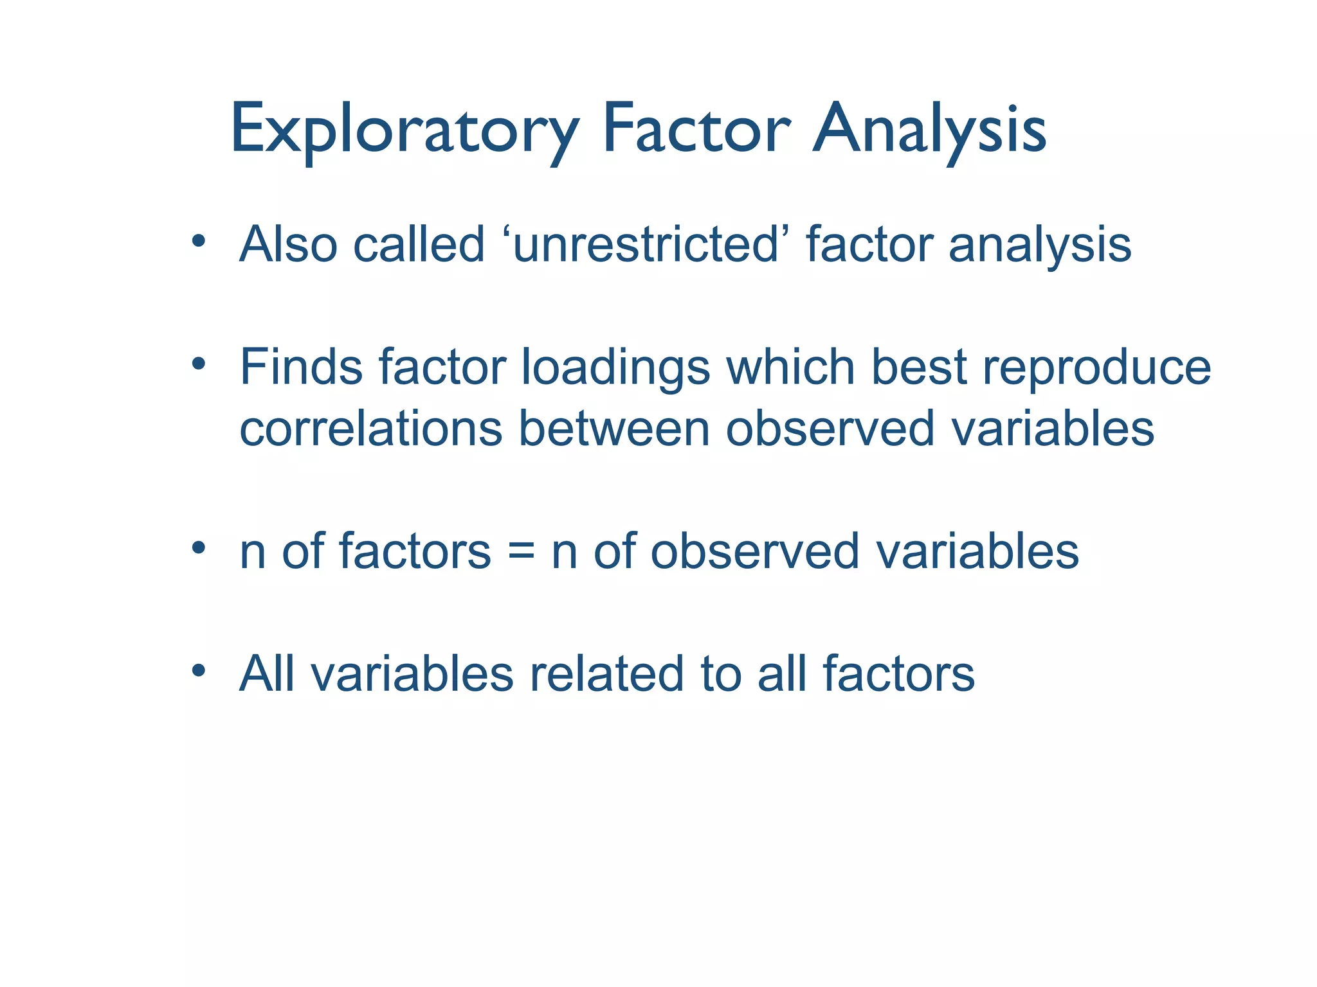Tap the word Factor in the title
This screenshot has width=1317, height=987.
[x=696, y=130]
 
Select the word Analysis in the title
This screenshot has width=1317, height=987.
[x=929, y=130]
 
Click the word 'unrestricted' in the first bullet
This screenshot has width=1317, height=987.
[x=646, y=245]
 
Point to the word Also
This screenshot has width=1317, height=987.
[x=288, y=245]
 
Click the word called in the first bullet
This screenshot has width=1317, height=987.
[x=419, y=245]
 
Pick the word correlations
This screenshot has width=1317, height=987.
[x=370, y=429]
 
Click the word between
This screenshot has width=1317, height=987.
[x=613, y=429]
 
